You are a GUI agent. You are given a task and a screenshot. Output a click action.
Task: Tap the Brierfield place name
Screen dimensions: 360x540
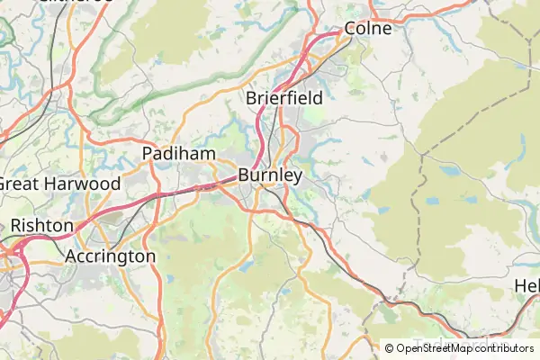283,97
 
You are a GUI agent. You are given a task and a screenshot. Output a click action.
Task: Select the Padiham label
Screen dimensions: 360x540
179,154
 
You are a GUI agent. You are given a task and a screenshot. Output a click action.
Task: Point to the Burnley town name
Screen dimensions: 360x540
270,175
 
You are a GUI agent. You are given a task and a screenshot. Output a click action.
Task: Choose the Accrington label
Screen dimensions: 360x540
110,256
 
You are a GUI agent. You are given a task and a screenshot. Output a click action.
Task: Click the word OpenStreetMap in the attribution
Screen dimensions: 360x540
435,348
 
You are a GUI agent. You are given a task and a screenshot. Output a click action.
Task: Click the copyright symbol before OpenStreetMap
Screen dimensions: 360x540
390,348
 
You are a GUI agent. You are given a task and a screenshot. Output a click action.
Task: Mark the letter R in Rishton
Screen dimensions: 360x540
16,225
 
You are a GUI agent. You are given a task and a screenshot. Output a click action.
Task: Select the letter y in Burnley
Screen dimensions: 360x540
296,177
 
